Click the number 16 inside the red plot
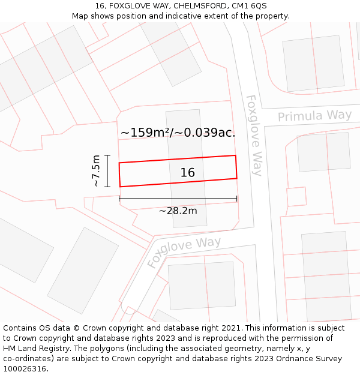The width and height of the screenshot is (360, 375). point(187,173)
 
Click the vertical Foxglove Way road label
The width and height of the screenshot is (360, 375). point(255,135)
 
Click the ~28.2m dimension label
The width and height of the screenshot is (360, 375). point(178,211)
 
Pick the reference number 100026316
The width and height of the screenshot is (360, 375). point(25,369)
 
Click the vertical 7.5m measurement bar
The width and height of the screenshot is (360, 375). point(107,171)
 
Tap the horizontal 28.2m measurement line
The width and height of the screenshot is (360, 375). point(178,199)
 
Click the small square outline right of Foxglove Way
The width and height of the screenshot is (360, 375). point(296,197)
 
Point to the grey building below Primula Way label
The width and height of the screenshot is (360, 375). point(324,152)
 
